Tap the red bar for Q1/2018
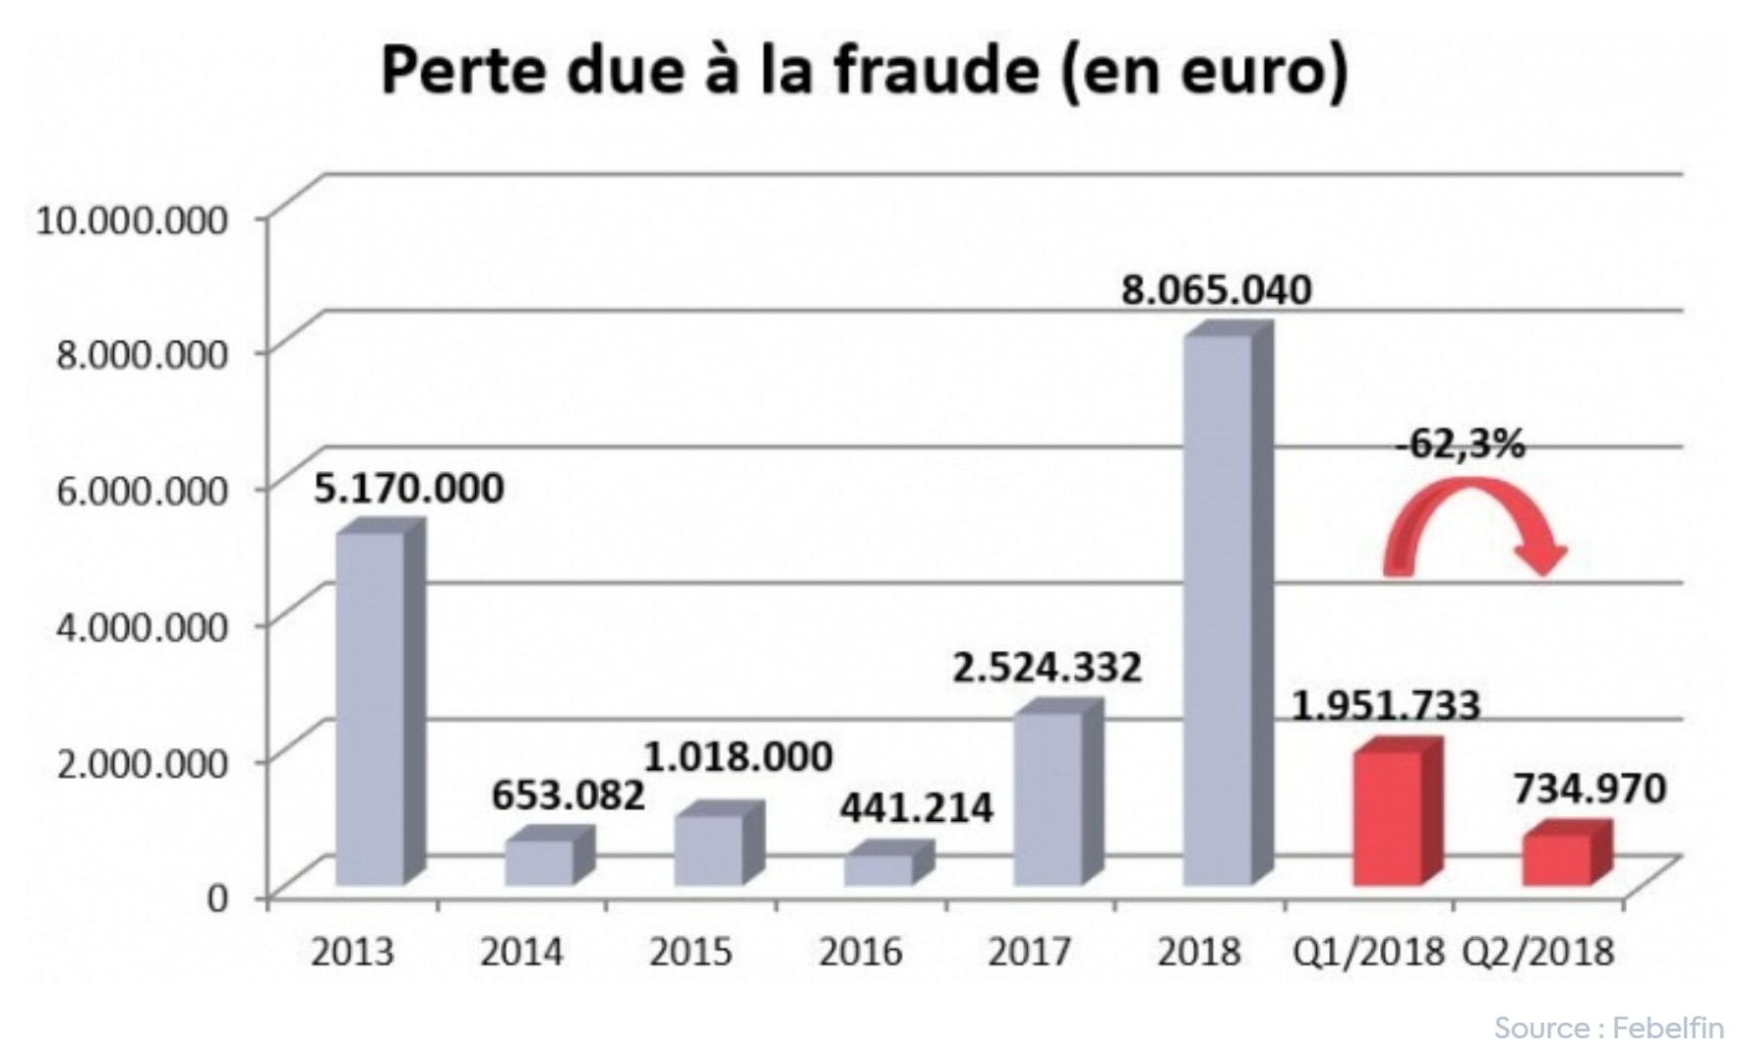[1388, 816]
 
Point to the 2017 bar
[1049, 796]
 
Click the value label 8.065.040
[1217, 291]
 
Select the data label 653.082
[568, 795]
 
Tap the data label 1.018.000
[738, 756]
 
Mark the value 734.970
[1590, 789]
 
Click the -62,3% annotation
[1461, 444]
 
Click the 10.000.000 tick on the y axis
[132, 219]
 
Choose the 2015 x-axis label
[690, 952]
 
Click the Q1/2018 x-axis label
[1368, 952]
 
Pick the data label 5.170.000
[408, 488]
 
